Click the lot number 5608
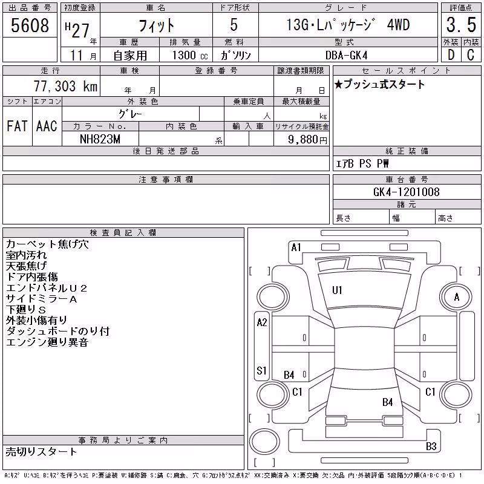coord(30,25)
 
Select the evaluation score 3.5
coord(461,25)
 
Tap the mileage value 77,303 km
coord(65,86)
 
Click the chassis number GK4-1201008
coord(406,192)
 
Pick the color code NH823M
coord(100,139)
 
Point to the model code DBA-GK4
coord(346,55)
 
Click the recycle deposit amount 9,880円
coord(307,140)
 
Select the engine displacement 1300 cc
coord(190,55)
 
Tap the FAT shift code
coord(17,126)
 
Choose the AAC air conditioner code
coord(47,126)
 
